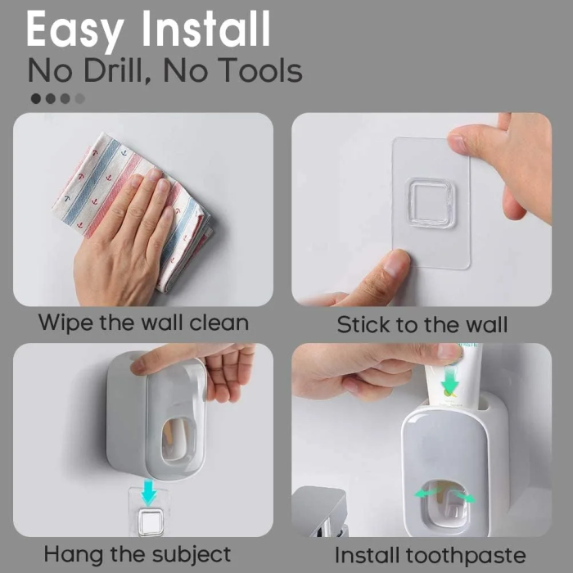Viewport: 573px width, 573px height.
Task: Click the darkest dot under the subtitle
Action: pos(36,98)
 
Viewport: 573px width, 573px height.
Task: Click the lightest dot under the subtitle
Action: pos(79,98)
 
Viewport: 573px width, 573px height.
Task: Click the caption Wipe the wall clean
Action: pos(143,322)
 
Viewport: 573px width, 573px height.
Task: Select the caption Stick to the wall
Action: pos(422,324)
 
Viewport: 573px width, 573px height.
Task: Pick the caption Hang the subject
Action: pos(138,553)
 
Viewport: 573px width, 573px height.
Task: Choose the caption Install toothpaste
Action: pos(430,554)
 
